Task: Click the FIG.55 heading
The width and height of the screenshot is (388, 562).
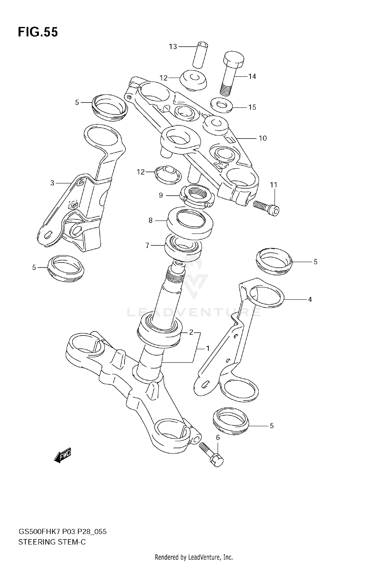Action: coord(38,32)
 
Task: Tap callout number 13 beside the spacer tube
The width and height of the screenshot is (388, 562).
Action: coord(173,47)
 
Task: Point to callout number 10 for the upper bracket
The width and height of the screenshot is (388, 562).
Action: coord(263,138)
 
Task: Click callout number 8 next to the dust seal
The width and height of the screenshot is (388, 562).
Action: coord(150,220)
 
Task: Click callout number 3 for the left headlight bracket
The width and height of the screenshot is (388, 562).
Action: coord(52,183)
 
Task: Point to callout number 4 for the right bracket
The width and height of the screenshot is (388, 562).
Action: coord(310,299)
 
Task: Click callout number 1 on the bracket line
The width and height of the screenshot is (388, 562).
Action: coord(207,349)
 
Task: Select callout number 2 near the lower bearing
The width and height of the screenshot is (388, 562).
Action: coord(191,332)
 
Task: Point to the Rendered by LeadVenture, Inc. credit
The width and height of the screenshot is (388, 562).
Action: coord(194,557)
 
